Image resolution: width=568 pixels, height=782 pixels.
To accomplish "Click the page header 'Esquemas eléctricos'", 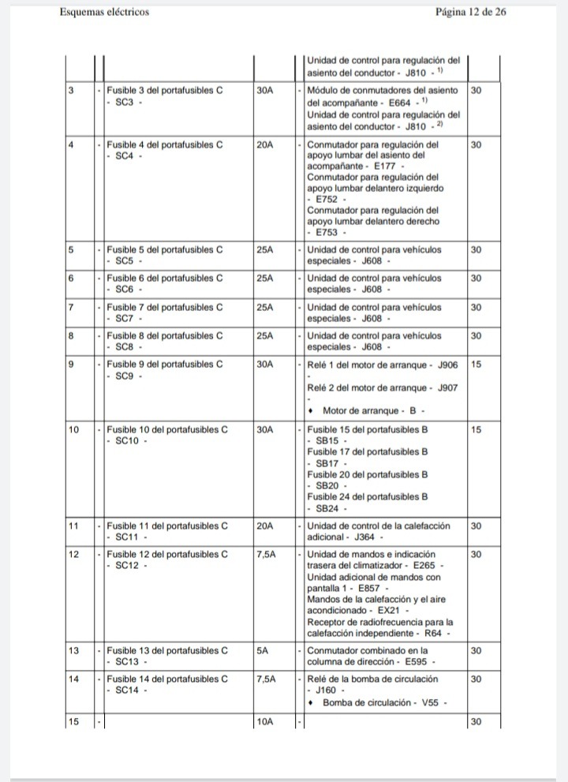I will tap(104, 13).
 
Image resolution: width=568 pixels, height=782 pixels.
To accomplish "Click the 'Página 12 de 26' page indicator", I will tap(470, 13).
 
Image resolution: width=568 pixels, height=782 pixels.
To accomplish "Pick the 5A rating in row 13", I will tap(262, 651).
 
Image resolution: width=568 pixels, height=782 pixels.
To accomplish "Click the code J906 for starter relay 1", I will tap(447, 365).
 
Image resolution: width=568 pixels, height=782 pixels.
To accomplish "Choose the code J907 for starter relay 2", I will tap(447, 388).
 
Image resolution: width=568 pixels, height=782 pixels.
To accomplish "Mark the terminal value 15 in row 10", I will tap(476, 430).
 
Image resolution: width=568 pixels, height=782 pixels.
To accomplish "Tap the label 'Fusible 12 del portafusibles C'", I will tap(167, 554).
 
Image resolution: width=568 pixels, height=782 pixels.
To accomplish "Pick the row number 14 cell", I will tap(73, 679).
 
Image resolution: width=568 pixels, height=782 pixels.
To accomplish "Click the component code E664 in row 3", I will tap(401, 103).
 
